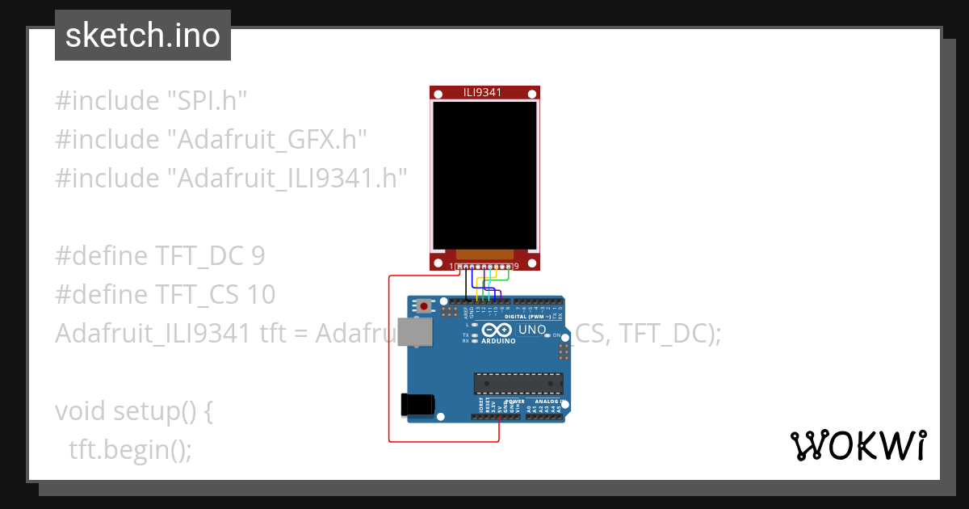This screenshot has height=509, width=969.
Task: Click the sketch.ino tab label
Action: tap(142, 36)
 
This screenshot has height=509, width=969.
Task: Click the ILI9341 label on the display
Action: tap(483, 92)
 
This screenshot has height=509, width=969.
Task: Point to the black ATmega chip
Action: tap(518, 385)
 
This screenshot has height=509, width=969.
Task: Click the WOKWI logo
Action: tap(858, 446)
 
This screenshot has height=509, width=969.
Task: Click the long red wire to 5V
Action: tap(389, 364)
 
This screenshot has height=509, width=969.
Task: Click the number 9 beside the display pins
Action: tap(516, 266)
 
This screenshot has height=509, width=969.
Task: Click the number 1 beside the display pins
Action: tap(451, 266)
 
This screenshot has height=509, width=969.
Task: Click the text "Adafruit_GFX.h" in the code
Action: tap(267, 140)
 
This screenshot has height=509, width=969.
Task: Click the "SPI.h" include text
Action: tap(206, 101)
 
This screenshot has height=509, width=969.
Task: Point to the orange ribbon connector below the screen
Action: tap(484, 254)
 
